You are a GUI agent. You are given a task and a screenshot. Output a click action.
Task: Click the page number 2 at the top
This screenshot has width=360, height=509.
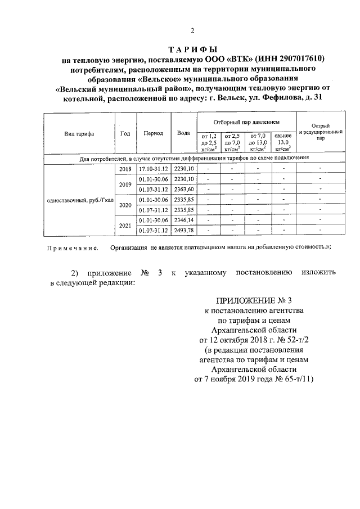pyautogui.click(x=192, y=30)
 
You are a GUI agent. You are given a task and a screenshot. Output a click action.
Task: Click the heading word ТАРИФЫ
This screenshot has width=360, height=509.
pyautogui.click(x=193, y=51)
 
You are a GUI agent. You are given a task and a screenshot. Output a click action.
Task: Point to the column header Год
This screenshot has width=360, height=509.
pyautogui.click(x=125, y=133)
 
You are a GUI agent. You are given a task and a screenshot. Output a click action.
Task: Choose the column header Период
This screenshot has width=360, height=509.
pyautogui.click(x=153, y=133)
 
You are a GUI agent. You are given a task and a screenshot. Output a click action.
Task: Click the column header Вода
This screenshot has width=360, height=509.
pyautogui.click(x=183, y=133)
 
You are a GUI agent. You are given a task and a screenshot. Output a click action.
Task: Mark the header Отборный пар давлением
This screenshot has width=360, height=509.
pyautogui.click(x=246, y=122)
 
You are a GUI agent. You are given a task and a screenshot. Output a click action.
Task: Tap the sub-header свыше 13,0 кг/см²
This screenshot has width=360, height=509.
pyautogui.click(x=283, y=143)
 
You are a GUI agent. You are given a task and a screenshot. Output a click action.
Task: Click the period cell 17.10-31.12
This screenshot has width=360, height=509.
pyautogui.click(x=153, y=169)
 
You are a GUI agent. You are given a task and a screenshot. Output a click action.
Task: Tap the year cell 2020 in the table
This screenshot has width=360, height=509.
pyautogui.click(x=125, y=205)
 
